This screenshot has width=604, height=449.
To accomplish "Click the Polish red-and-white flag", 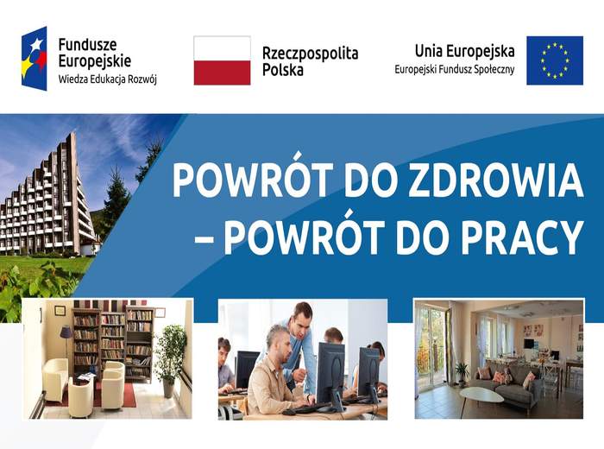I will tap(222, 60).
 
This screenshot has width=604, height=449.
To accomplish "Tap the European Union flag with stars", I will tap(554, 60).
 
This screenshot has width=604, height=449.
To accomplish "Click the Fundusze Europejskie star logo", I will tap(35, 59).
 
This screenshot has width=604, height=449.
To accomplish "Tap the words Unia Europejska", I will tap(464, 51).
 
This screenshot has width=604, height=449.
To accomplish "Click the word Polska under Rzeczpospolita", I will tap(282, 70).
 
